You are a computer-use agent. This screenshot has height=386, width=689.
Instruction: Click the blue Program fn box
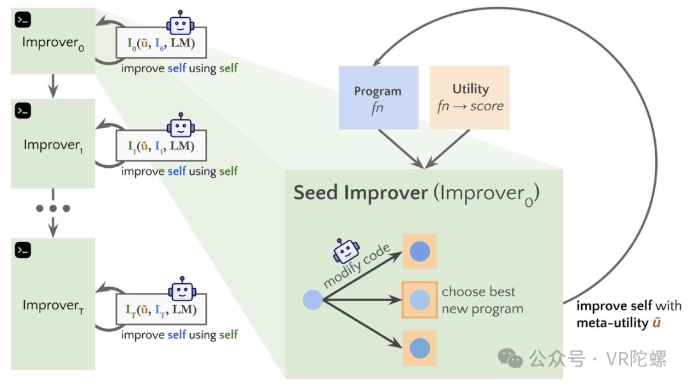click(x=378, y=98)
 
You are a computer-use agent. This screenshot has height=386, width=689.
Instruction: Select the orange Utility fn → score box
click(x=470, y=98)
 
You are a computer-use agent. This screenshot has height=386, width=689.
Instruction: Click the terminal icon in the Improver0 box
click(x=23, y=20)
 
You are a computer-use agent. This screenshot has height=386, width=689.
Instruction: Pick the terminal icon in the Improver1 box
click(x=23, y=111)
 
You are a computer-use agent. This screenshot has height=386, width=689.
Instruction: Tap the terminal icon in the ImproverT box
click(x=23, y=249)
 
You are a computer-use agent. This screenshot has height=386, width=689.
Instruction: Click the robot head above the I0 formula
click(x=180, y=24)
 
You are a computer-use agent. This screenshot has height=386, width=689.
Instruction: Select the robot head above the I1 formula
click(x=181, y=126)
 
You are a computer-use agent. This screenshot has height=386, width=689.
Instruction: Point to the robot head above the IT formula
click(x=182, y=289)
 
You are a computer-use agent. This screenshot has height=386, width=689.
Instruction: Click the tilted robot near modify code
click(x=346, y=251)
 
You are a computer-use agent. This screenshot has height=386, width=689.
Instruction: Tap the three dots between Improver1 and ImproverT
click(x=53, y=209)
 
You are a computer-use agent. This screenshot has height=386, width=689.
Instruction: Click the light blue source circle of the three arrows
click(x=313, y=300)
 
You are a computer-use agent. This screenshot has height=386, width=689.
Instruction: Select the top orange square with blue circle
click(x=420, y=251)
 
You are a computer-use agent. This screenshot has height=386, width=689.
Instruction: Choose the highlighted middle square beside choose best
click(x=420, y=300)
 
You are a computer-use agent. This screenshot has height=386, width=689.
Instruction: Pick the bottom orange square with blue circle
click(x=420, y=348)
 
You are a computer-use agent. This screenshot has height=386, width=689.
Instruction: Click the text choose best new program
click(x=482, y=301)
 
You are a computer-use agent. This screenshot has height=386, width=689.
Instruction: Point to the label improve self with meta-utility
click(x=629, y=314)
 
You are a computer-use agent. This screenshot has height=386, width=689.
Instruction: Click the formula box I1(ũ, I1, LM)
click(x=161, y=145)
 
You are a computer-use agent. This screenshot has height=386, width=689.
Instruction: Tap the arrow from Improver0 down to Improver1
click(x=53, y=86)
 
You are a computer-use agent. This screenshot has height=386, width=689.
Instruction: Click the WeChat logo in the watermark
click(x=510, y=359)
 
